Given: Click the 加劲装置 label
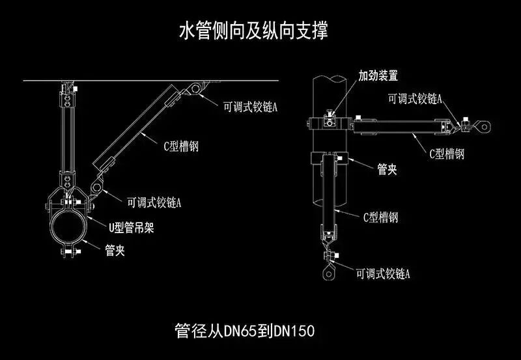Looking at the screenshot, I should point(378,76).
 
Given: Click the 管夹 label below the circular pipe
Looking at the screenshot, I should point(115,249).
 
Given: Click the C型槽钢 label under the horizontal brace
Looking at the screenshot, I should point(446,154).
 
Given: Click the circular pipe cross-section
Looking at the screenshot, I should point(69,228).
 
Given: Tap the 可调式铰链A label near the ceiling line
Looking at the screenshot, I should point(250,105).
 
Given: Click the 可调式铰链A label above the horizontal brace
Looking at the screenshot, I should point(415,98).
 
